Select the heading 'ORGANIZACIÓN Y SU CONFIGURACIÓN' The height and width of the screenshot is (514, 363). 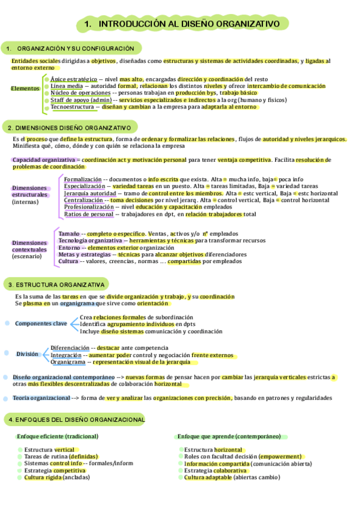(75, 48)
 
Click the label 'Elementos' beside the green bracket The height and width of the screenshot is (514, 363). (25, 88)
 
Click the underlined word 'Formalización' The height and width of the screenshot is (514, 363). (83, 179)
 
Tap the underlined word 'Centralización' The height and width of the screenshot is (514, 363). (84, 200)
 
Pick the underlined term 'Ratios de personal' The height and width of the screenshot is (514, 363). (88, 214)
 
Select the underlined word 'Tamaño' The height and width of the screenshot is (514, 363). (68, 233)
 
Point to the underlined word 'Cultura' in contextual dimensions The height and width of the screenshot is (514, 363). (68, 261)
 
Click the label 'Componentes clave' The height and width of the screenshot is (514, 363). (41, 324)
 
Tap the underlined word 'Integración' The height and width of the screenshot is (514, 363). (66, 355)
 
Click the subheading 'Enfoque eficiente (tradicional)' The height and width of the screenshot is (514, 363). (58, 436)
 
